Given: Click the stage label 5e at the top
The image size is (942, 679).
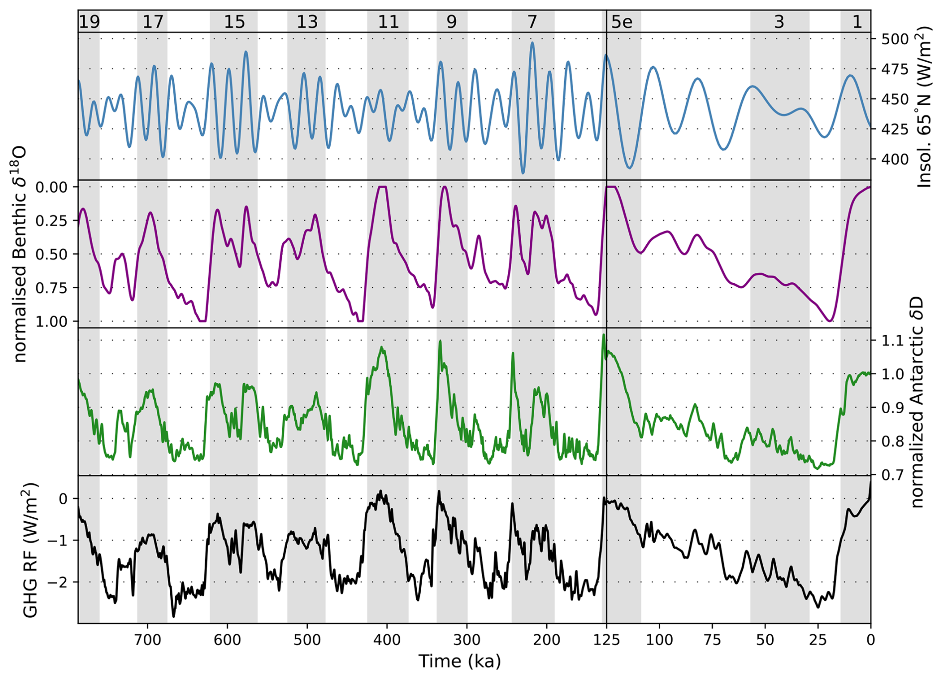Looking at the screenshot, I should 622,22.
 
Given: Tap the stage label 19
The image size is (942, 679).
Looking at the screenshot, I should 90,22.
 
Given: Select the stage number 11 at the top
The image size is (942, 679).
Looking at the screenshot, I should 388,22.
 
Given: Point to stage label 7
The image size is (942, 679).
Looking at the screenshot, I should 532,22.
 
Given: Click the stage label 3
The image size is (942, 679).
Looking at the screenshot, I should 779,22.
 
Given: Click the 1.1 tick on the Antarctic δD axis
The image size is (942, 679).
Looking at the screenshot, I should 892,341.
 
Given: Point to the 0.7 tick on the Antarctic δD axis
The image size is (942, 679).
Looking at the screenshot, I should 892,475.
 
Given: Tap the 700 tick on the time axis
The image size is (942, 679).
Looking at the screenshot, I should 148,639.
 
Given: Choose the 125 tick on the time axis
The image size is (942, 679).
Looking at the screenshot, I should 606,639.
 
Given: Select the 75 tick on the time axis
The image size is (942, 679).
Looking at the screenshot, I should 712,639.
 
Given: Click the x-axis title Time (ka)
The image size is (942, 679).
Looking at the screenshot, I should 459,661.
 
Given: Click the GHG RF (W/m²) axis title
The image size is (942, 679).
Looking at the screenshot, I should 31,550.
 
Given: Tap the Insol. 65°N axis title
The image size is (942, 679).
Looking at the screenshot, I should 924,107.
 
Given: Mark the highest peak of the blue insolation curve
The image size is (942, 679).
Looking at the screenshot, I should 532,43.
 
